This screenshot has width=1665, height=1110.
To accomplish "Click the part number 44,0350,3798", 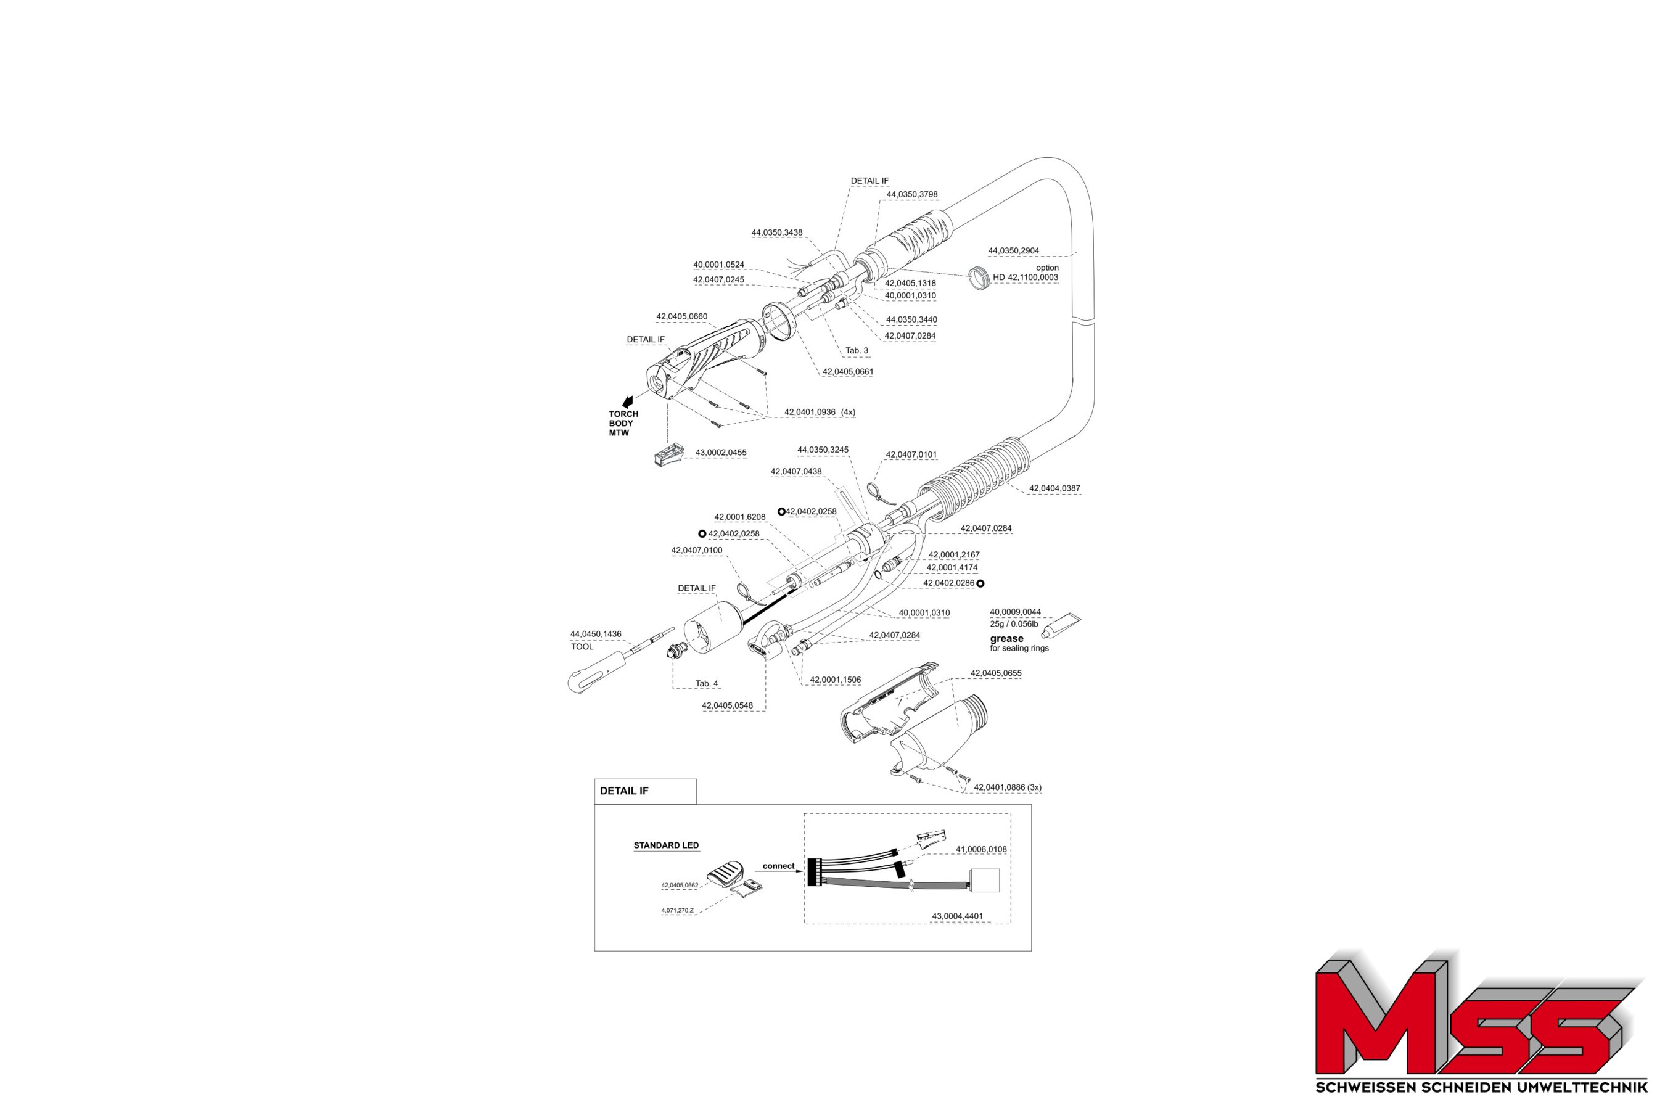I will [x=912, y=195].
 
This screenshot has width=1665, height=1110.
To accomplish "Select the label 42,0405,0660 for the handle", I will [x=681, y=316].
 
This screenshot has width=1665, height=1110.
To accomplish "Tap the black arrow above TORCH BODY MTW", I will [x=627, y=402].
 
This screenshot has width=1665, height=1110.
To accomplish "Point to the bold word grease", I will [x=1006, y=638].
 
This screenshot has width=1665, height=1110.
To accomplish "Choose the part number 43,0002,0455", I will [x=721, y=453].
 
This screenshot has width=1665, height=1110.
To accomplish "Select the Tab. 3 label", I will [x=856, y=350].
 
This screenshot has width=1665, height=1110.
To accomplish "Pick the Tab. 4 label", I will [x=707, y=684].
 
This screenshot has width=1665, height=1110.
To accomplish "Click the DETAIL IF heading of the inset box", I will [x=623, y=791].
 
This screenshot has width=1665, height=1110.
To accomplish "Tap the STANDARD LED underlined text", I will [x=665, y=845].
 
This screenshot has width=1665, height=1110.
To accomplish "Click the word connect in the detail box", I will [x=778, y=866].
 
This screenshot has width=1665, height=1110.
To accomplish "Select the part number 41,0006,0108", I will [x=980, y=850].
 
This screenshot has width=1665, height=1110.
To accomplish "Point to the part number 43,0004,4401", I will [x=957, y=916].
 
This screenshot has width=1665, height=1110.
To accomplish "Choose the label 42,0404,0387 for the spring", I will [x=1054, y=488].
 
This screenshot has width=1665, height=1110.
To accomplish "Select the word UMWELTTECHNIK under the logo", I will [x=1589, y=1087].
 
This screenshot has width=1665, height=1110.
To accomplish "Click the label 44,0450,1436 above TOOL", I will [x=595, y=635].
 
